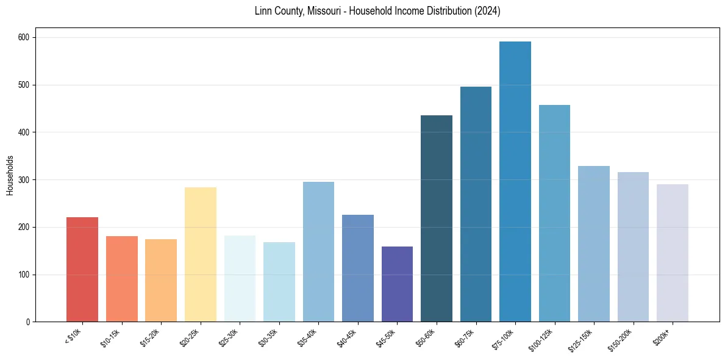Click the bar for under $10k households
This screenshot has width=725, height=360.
click(x=82, y=269)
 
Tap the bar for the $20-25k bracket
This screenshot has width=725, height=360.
click(x=201, y=254)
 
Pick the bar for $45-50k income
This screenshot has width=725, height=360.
click(x=397, y=284)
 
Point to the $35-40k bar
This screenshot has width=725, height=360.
click(x=318, y=251)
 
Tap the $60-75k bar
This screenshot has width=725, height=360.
click(x=476, y=204)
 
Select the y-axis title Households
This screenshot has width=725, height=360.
click(x=10, y=175)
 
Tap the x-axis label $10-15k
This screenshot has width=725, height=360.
click(x=110, y=336)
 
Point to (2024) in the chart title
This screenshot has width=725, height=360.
click(x=487, y=11)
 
